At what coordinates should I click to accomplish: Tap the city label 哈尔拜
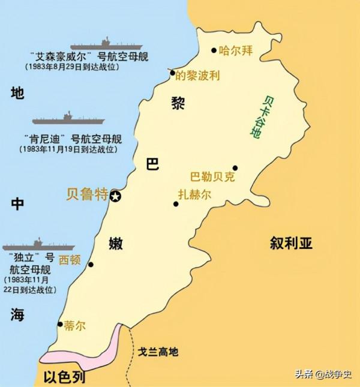(236, 51)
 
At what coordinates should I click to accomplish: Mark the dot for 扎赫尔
(176, 204)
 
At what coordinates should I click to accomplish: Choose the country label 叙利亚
(291, 244)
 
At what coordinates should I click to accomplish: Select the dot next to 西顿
(91, 264)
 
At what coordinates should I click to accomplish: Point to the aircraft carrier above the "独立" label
(38, 245)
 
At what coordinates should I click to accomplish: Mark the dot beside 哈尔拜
(215, 51)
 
